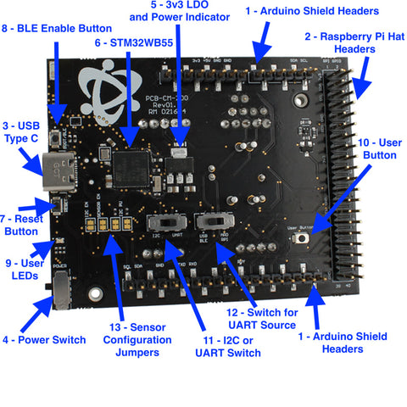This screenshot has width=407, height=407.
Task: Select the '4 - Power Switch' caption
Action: point(44,339)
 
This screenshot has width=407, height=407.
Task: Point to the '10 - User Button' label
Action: point(379,149)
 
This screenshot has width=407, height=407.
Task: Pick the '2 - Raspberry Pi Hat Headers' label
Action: point(357,43)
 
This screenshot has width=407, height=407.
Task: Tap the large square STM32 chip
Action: point(134,163)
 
